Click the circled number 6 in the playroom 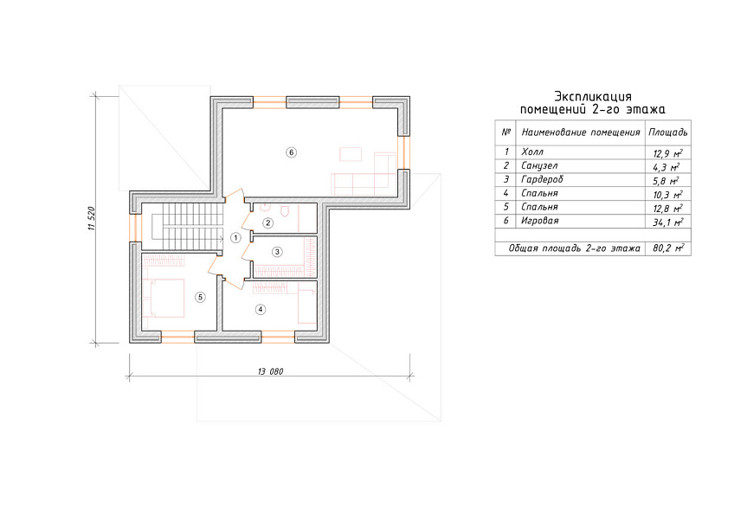click(291, 152)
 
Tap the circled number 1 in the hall click(235, 237)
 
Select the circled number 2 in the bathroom click(267, 222)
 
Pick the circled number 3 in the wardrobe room click(277, 252)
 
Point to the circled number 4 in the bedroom click(261, 309)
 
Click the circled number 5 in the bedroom click(200, 298)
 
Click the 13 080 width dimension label click(270, 371)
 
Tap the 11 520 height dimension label click(92, 219)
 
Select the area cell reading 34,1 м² click(668, 222)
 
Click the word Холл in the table click(532, 152)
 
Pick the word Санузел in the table click(539, 166)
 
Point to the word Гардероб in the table click(542, 180)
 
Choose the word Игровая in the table click(540, 221)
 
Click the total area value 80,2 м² click(668, 248)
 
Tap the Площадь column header click(668, 132)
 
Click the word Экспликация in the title click(593, 97)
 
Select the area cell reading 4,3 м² click(666, 167)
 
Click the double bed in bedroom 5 click(163, 299)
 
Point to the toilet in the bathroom click(285, 210)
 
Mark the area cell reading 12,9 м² click(668, 153)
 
